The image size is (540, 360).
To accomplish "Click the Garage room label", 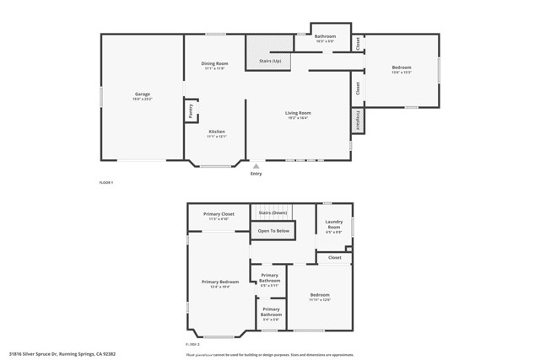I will click(x=143, y=94).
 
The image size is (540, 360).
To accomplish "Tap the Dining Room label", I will click(x=214, y=65).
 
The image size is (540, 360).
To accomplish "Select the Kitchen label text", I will click(x=217, y=132).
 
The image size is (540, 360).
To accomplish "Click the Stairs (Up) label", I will click(x=270, y=62).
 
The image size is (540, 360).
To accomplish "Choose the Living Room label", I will click(x=298, y=113).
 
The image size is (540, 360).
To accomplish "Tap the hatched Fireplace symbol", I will click(x=357, y=120).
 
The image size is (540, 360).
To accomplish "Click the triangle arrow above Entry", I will click(x=256, y=166).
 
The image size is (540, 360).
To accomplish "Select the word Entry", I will click(x=256, y=174).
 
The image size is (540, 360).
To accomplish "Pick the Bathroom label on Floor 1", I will click(x=326, y=36).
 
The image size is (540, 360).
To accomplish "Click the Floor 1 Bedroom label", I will click(x=402, y=68).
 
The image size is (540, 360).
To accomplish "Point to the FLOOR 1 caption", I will click(x=106, y=183).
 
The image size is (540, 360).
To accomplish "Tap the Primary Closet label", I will click(x=219, y=214).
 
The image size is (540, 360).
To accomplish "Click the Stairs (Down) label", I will click(x=273, y=212).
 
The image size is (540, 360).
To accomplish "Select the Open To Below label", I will click(x=273, y=230).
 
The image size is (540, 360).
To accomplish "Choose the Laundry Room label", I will click(x=334, y=226).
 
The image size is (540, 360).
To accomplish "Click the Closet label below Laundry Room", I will click(x=335, y=257).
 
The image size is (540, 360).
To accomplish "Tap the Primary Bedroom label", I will click(x=220, y=282).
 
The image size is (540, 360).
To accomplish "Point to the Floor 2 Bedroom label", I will click(x=320, y=295).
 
